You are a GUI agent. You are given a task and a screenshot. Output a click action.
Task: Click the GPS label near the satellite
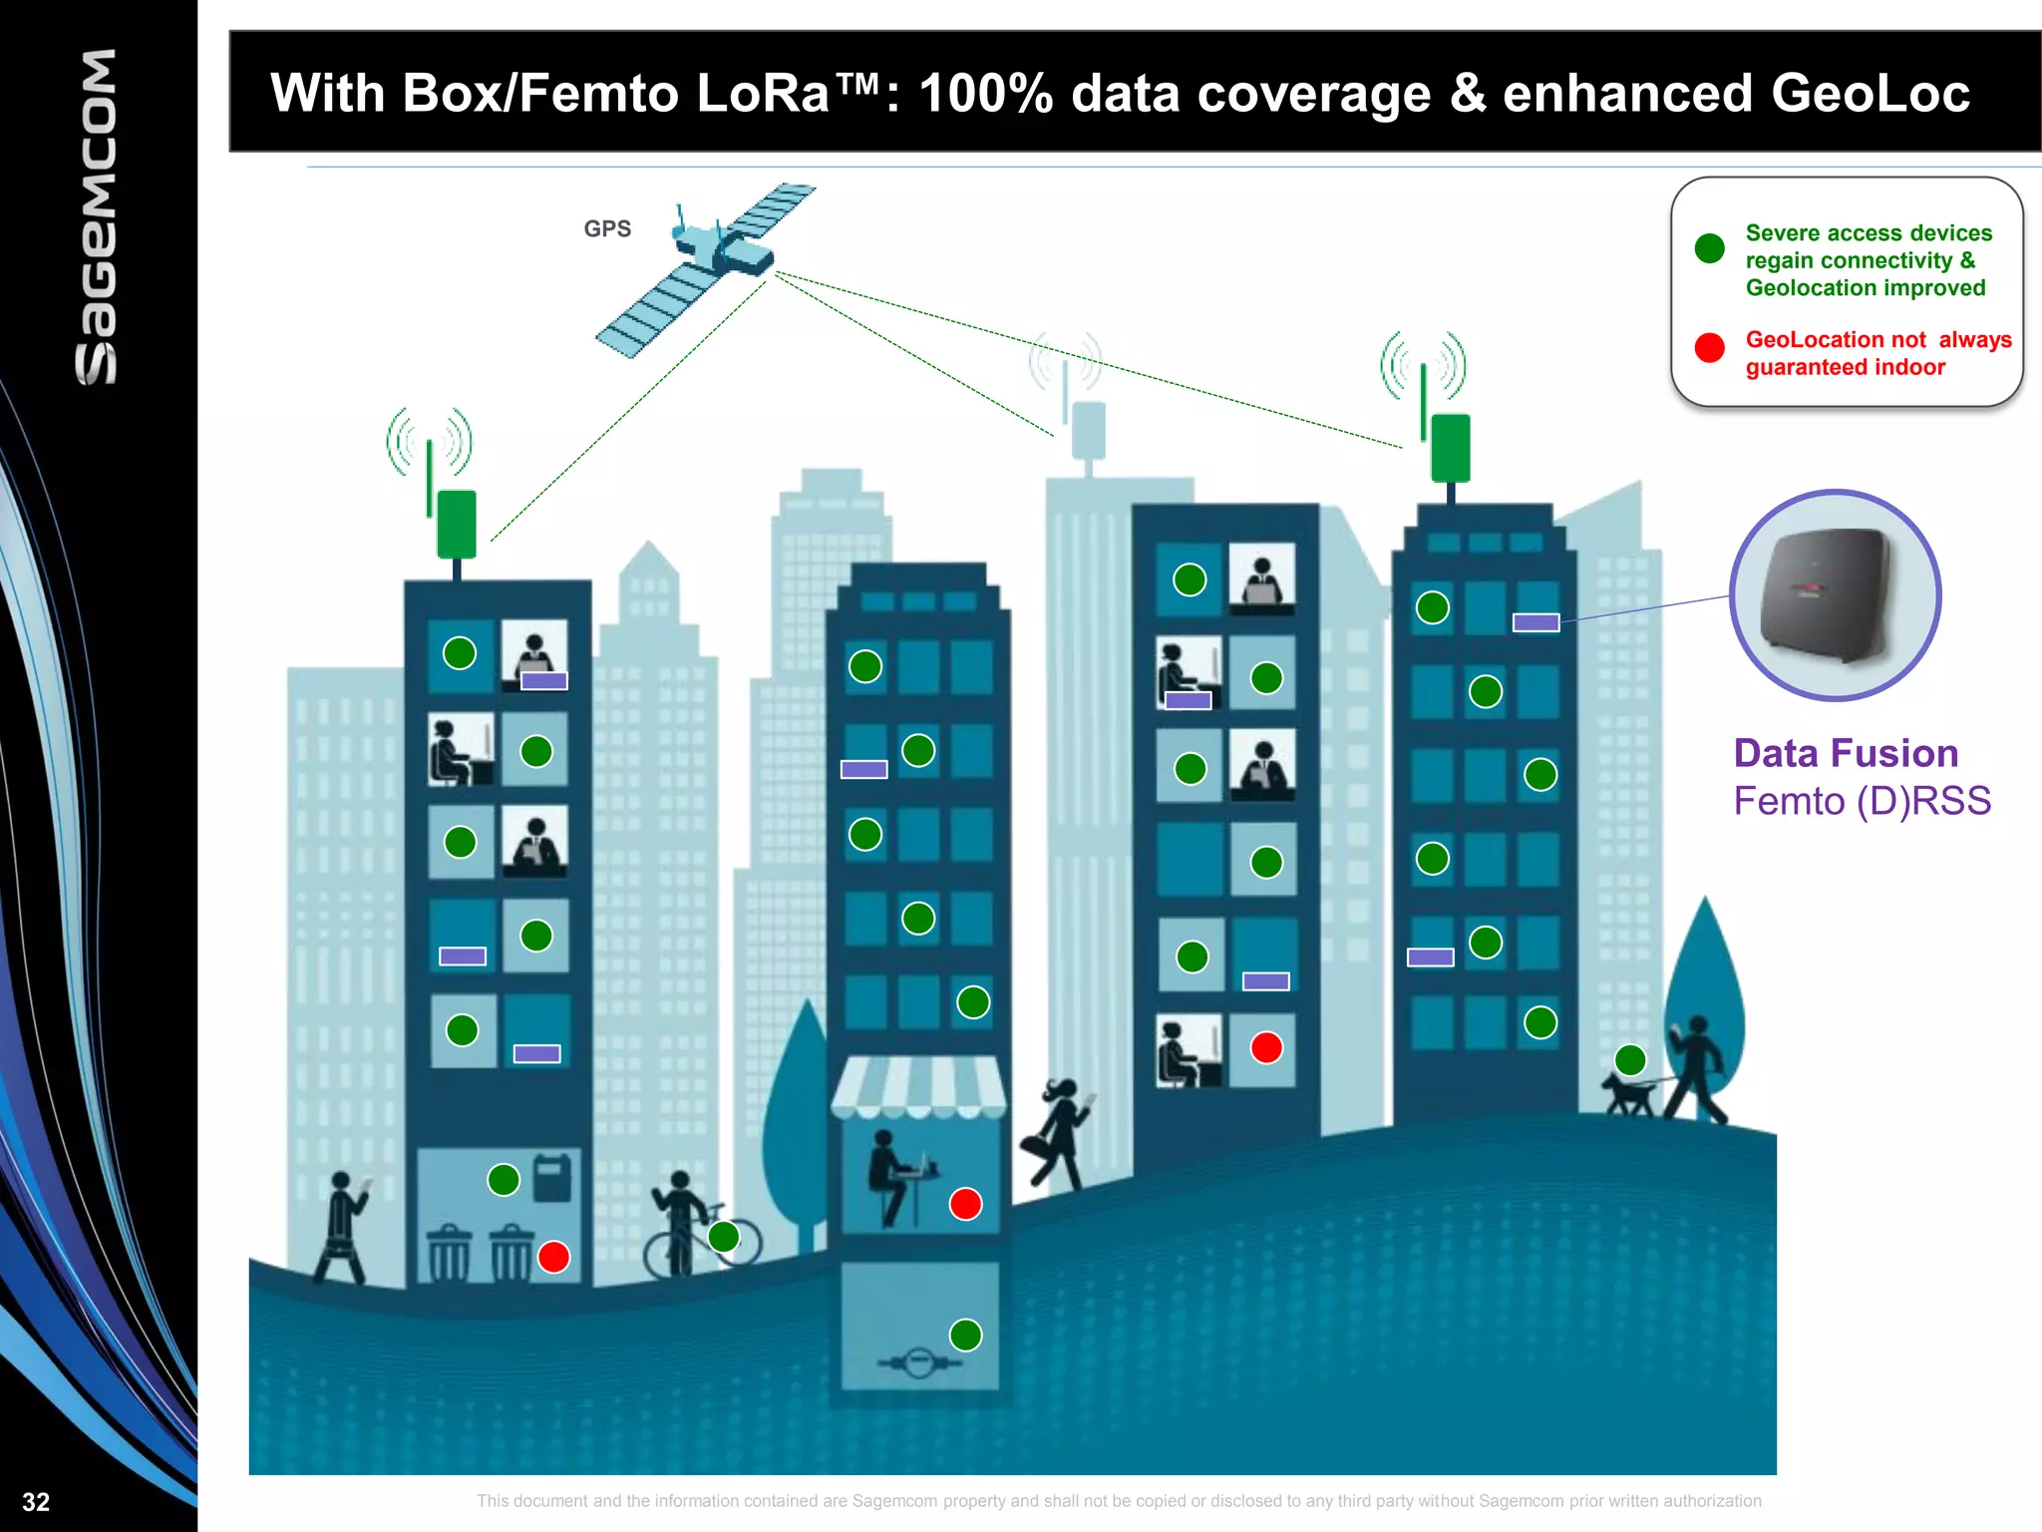tap(607, 228)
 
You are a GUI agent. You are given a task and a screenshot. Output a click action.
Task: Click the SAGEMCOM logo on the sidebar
tap(98, 216)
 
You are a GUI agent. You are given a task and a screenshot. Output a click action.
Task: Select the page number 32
tap(36, 1502)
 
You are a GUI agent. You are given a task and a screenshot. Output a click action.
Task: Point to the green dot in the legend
tap(1709, 248)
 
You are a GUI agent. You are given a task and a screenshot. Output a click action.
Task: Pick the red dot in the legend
tap(1709, 347)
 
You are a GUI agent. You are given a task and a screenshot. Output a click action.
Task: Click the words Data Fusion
tap(1846, 753)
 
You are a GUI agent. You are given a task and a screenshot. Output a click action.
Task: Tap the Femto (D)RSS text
tap(1862, 801)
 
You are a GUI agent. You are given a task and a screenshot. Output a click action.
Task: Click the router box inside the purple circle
tap(1825, 594)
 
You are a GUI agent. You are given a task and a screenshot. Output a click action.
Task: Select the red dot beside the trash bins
tap(553, 1257)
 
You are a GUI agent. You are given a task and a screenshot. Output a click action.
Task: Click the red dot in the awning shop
tap(965, 1204)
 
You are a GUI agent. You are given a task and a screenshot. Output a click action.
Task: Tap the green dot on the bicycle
tap(724, 1237)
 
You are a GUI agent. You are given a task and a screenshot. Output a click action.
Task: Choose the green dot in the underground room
tap(965, 1335)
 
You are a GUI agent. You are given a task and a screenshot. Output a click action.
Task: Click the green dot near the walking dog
tap(1630, 1059)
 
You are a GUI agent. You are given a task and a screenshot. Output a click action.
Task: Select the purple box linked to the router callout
tap(1535, 622)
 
